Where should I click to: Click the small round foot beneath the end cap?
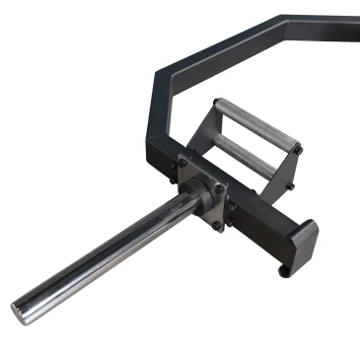click(283, 268)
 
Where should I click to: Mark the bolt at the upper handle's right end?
click(297, 148)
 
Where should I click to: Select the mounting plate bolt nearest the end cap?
click(218, 225)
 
